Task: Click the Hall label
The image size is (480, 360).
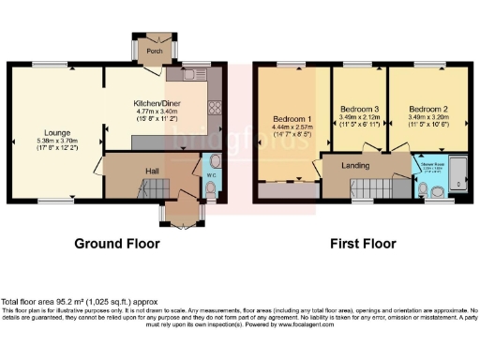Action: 151,171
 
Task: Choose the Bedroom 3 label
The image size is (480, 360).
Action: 359,108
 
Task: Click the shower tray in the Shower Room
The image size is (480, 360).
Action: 457,171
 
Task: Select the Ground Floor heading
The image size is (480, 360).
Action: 117,244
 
